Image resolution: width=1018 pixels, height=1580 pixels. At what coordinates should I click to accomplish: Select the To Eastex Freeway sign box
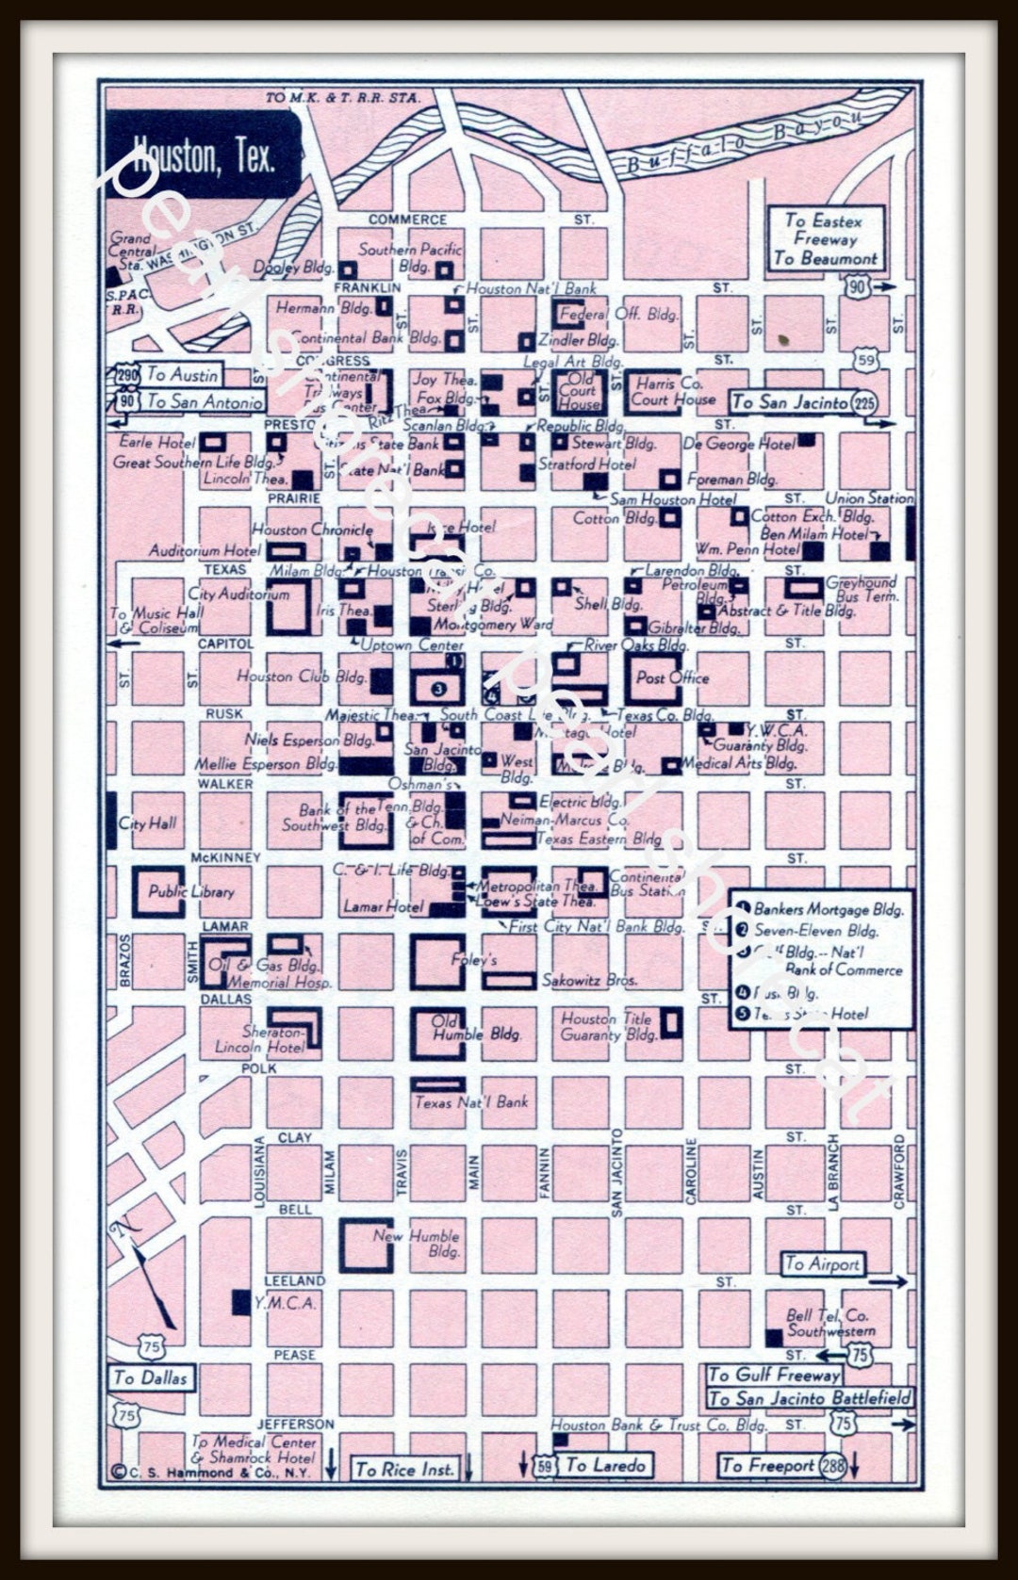pyautogui.click(x=825, y=238)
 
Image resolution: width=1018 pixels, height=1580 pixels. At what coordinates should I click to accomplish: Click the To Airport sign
pyautogui.click(x=823, y=1263)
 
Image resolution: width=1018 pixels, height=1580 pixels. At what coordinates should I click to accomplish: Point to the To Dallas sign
pyautogui.click(x=151, y=1377)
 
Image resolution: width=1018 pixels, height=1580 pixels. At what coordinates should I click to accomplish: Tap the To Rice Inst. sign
pyautogui.click(x=404, y=1468)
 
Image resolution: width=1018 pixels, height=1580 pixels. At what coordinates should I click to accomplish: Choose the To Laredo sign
pyautogui.click(x=605, y=1465)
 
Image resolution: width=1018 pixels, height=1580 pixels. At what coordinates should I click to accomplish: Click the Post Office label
pyautogui.click(x=671, y=677)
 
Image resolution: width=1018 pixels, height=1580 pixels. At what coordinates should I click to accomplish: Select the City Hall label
pyautogui.click(x=147, y=823)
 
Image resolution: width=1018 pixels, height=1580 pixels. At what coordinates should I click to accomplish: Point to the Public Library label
pyautogui.click(x=191, y=891)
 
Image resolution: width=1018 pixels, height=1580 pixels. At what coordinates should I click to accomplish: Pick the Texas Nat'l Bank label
pyautogui.click(x=471, y=1101)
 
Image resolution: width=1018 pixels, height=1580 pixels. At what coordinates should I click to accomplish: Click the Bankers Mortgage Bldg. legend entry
pyautogui.click(x=828, y=909)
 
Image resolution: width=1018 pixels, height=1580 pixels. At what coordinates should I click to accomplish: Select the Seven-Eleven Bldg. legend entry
pyautogui.click(x=815, y=931)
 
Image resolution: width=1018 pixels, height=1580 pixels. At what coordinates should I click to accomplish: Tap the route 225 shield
pyautogui.click(x=863, y=403)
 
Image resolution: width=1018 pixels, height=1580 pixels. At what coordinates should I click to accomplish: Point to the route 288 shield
pyautogui.click(x=831, y=1465)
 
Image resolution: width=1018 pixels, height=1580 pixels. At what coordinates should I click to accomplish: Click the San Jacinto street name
pyautogui.click(x=616, y=1173)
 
